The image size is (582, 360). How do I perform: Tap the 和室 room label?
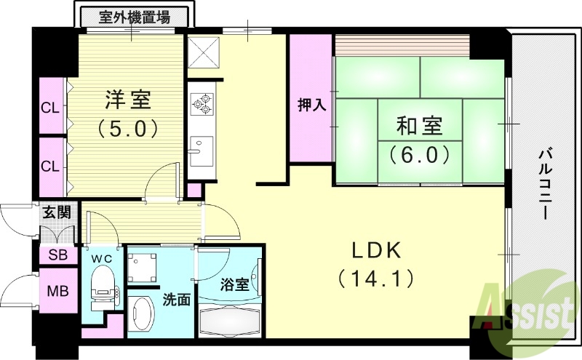coord(418,126)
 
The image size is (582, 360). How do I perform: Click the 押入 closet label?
coord(312,105)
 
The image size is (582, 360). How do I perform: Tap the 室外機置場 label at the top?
coord(135,17)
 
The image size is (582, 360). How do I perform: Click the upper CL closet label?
coord(49,108)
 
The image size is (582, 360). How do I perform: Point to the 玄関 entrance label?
coord(56,213)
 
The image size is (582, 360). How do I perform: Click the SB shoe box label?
coord(56,255)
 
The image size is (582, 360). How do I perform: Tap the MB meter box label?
coord(56,292)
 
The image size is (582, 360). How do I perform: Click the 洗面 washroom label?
coord(176,299)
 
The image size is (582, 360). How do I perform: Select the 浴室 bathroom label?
coord(234,284)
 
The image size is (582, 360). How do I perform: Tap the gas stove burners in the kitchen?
coord(202,104)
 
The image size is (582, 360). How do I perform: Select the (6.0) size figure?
coord(418,154)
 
